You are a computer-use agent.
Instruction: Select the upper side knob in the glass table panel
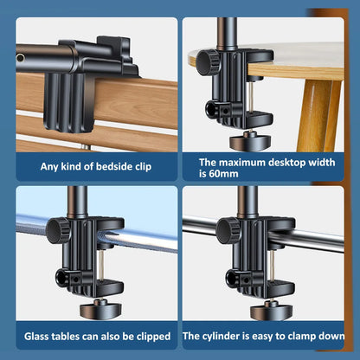point(58,229)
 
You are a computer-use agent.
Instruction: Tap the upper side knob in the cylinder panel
point(228,229)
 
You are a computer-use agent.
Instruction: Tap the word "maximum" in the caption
point(246,162)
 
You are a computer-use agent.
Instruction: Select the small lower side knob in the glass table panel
point(62,277)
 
